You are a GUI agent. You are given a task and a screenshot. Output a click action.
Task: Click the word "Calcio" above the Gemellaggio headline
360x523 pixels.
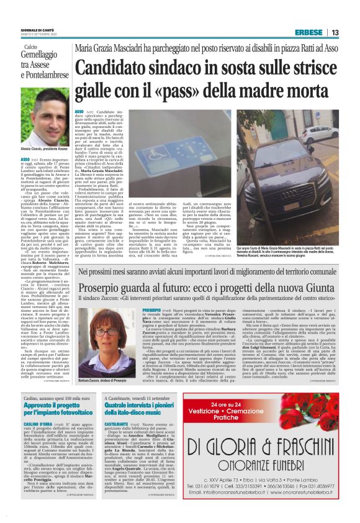click(33, 47)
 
